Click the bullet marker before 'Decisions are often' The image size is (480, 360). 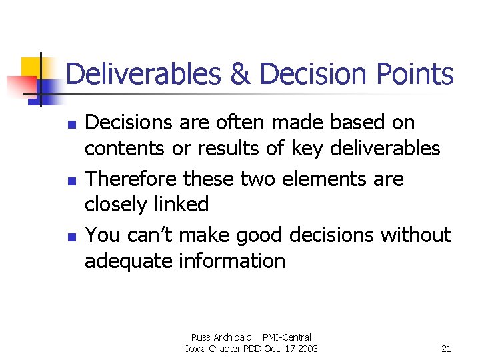(74, 125)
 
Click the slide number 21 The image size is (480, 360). (447, 349)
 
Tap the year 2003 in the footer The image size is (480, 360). (307, 349)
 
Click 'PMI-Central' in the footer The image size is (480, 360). (287, 337)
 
